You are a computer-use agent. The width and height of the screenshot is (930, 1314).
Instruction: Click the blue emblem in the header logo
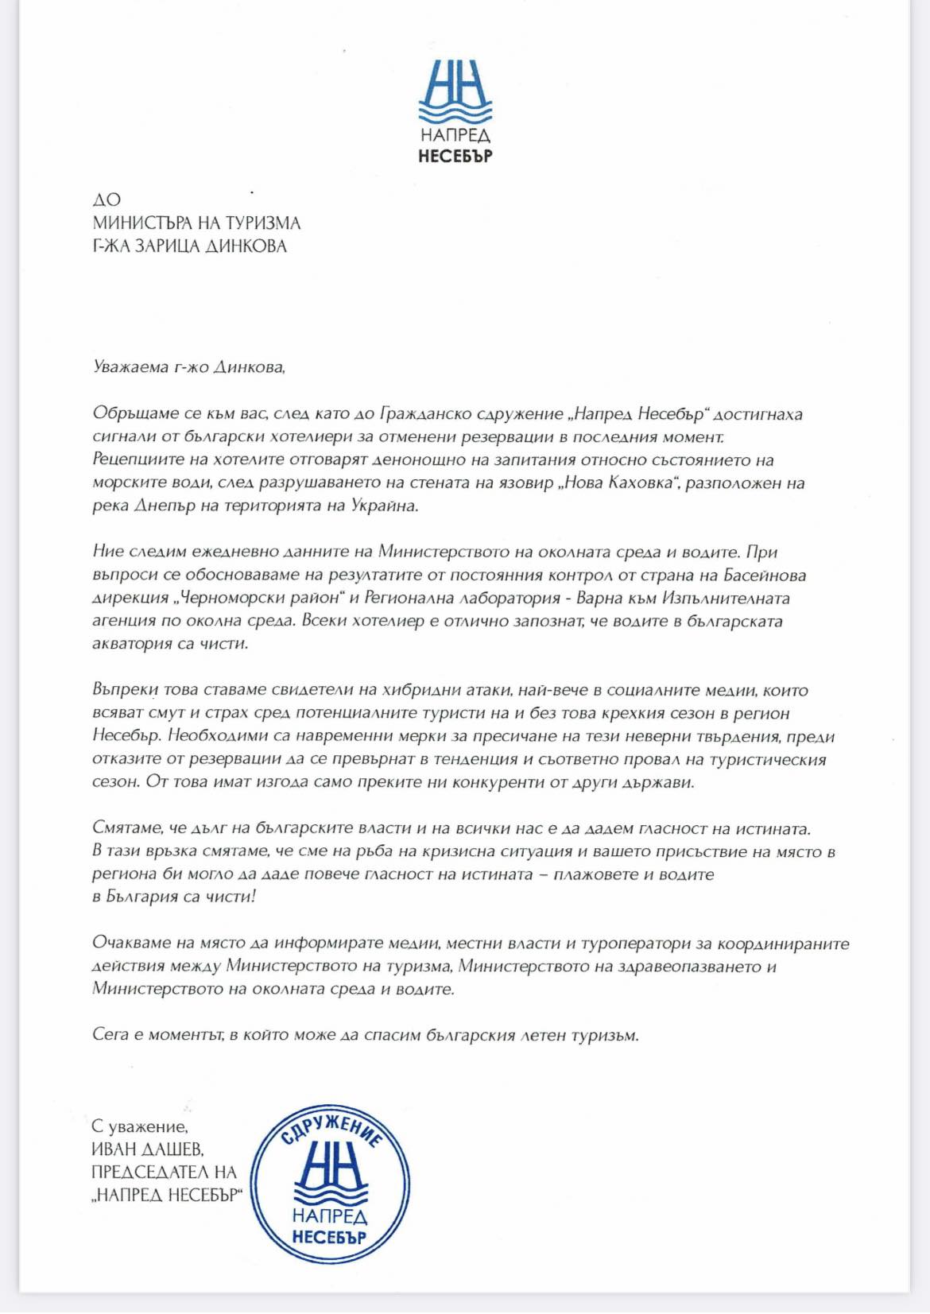[455, 91]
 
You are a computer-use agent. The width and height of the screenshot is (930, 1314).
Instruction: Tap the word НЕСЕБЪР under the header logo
[455, 155]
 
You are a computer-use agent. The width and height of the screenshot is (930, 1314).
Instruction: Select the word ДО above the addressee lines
[107, 200]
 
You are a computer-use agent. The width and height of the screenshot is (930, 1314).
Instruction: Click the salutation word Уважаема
[130, 367]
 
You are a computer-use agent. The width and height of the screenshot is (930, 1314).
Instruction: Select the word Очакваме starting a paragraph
[132, 944]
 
